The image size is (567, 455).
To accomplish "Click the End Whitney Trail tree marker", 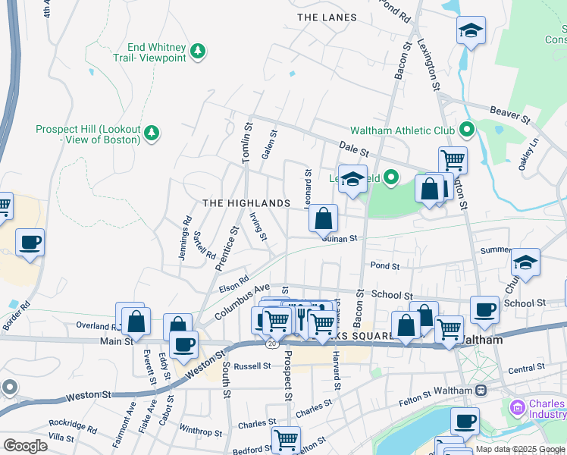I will [x=198, y=51].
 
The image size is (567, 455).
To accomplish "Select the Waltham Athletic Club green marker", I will [x=466, y=130].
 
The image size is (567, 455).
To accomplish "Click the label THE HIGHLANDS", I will [x=246, y=203].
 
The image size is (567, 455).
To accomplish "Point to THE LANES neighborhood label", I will [x=327, y=17].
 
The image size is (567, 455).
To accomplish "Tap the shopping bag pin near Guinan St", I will [x=323, y=219].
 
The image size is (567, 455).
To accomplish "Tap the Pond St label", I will [x=384, y=265].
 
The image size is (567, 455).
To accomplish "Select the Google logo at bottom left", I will [x=25, y=446].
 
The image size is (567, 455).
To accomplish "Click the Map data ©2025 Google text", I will [x=521, y=449].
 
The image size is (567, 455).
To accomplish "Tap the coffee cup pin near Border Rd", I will [x=30, y=243].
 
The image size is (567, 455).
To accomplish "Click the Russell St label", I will [x=252, y=366].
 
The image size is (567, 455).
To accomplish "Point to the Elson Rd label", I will [x=233, y=284].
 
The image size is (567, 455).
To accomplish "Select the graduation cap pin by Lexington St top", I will [x=471, y=31].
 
